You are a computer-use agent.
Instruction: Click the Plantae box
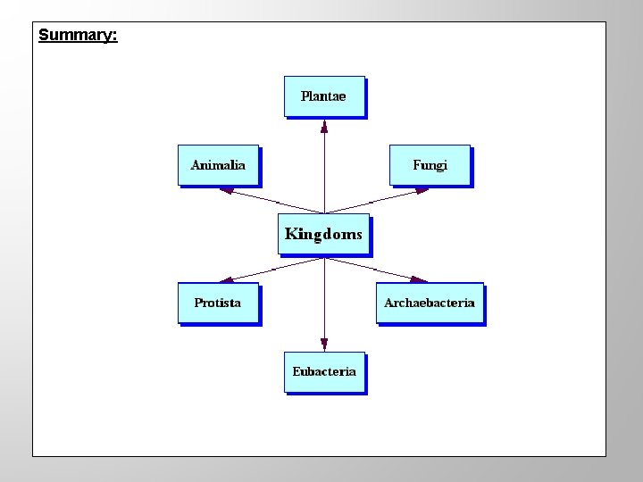(x=324, y=96)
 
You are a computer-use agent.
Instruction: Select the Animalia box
(x=218, y=165)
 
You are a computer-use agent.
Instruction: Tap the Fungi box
(x=430, y=165)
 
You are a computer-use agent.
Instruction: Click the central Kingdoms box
(x=323, y=235)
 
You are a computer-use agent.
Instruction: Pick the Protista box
(x=218, y=303)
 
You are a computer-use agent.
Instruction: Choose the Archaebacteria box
(x=430, y=303)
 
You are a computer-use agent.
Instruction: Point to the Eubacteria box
(x=324, y=372)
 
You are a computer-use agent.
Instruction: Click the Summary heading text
(x=78, y=36)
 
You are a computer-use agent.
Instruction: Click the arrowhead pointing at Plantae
(x=324, y=126)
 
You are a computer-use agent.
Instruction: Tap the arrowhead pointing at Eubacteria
(x=324, y=344)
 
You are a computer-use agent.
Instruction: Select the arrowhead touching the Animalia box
(x=227, y=190)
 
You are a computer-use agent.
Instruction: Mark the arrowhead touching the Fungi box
(x=422, y=190)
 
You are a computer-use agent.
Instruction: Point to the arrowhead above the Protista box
(x=227, y=279)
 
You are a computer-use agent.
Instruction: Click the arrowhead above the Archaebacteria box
(x=419, y=279)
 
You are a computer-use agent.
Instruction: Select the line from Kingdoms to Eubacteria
(x=324, y=299)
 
